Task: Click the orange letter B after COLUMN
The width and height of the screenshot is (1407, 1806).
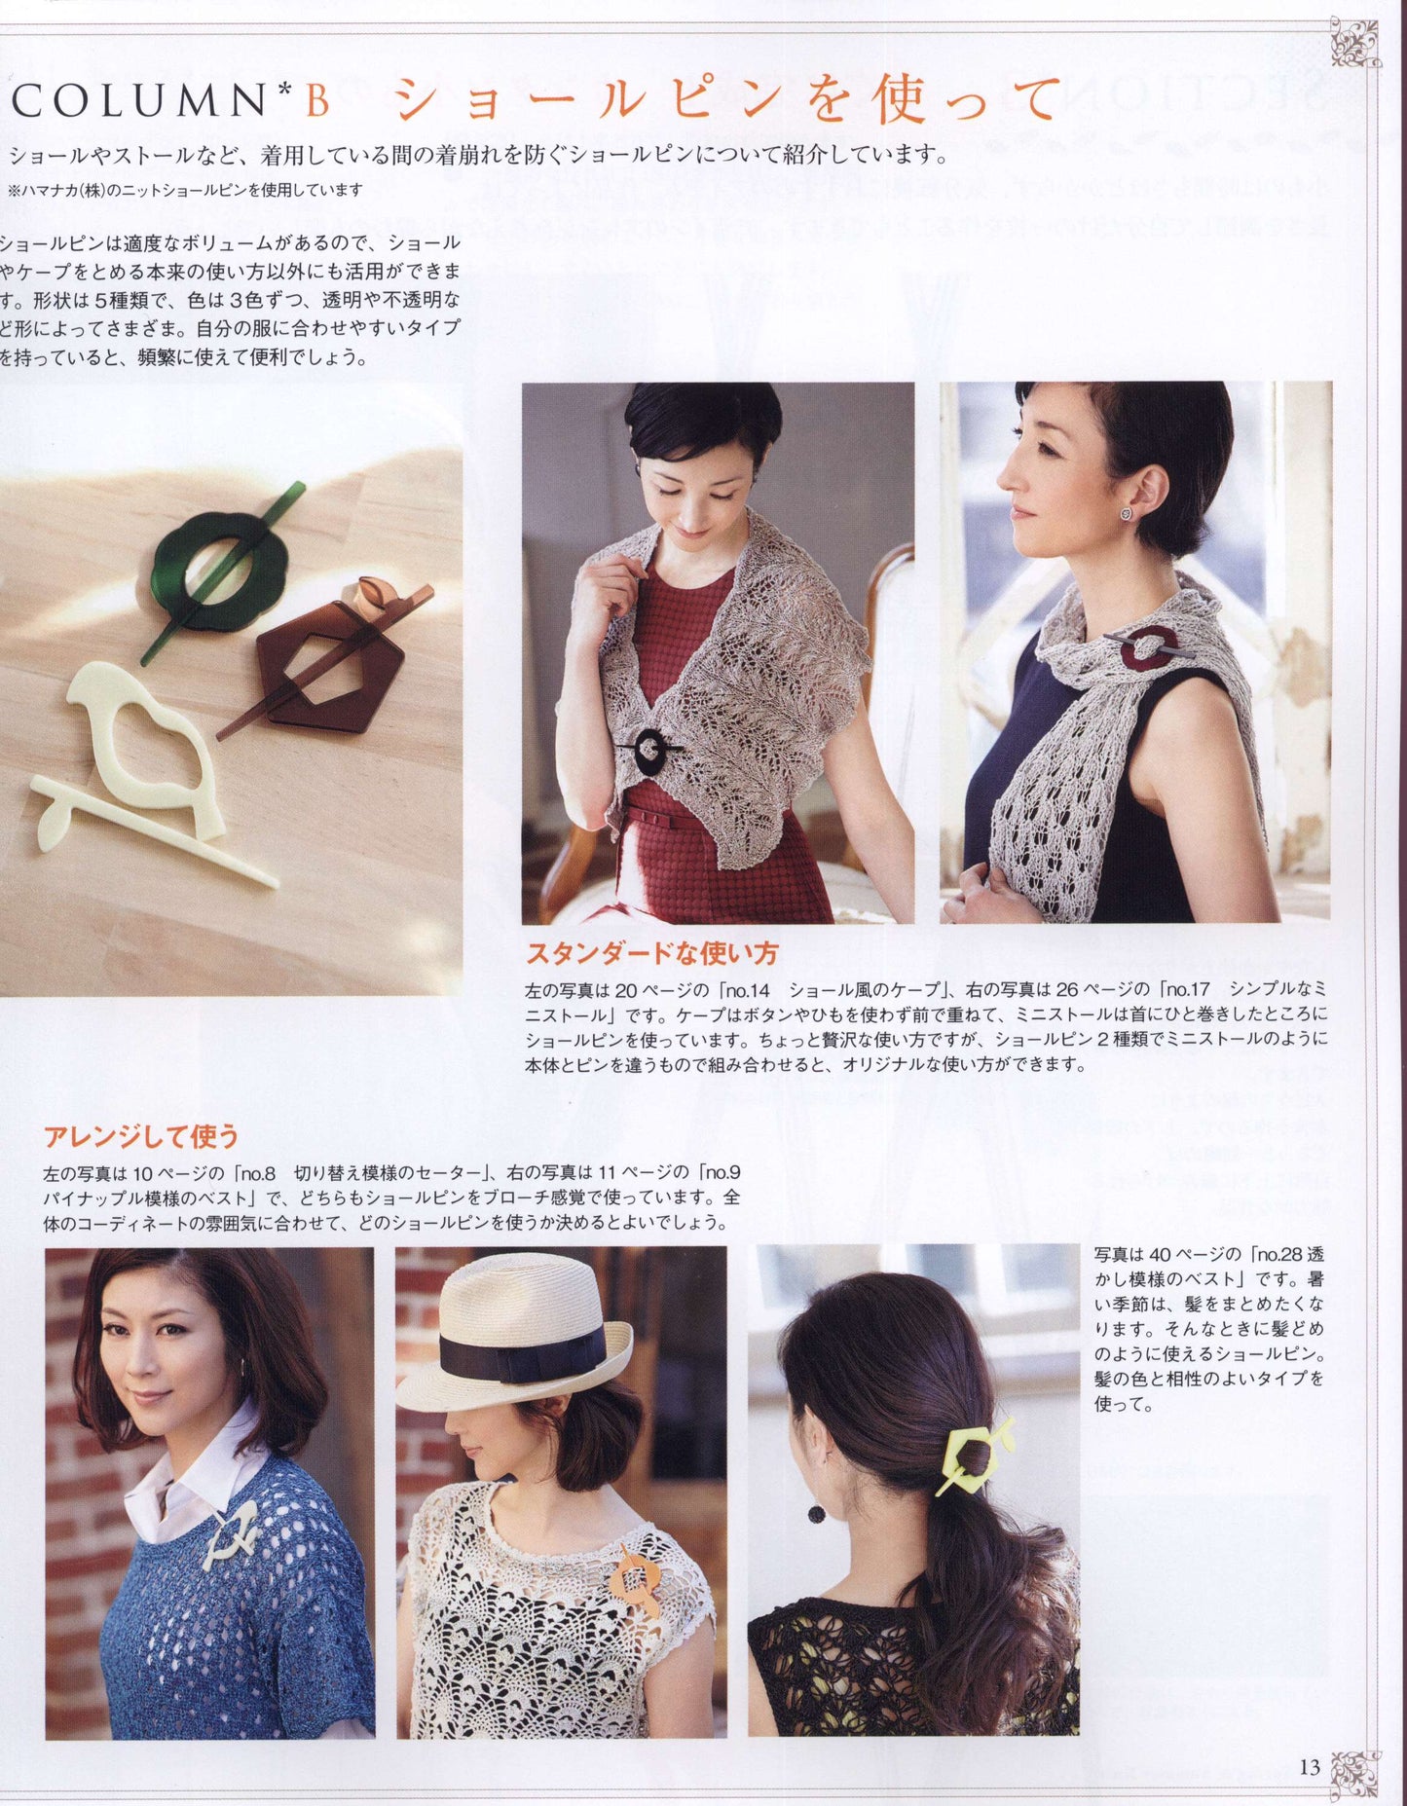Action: pyautogui.click(x=316, y=100)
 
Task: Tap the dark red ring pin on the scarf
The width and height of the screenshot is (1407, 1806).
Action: pyautogui.click(x=1152, y=647)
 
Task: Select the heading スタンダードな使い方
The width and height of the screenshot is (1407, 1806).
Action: pyautogui.click(x=651, y=952)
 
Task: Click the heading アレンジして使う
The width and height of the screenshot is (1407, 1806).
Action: pyautogui.click(x=141, y=1135)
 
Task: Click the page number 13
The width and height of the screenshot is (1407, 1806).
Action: pyautogui.click(x=1309, y=1766)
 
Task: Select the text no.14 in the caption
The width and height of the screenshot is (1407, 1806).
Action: pyautogui.click(x=748, y=990)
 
